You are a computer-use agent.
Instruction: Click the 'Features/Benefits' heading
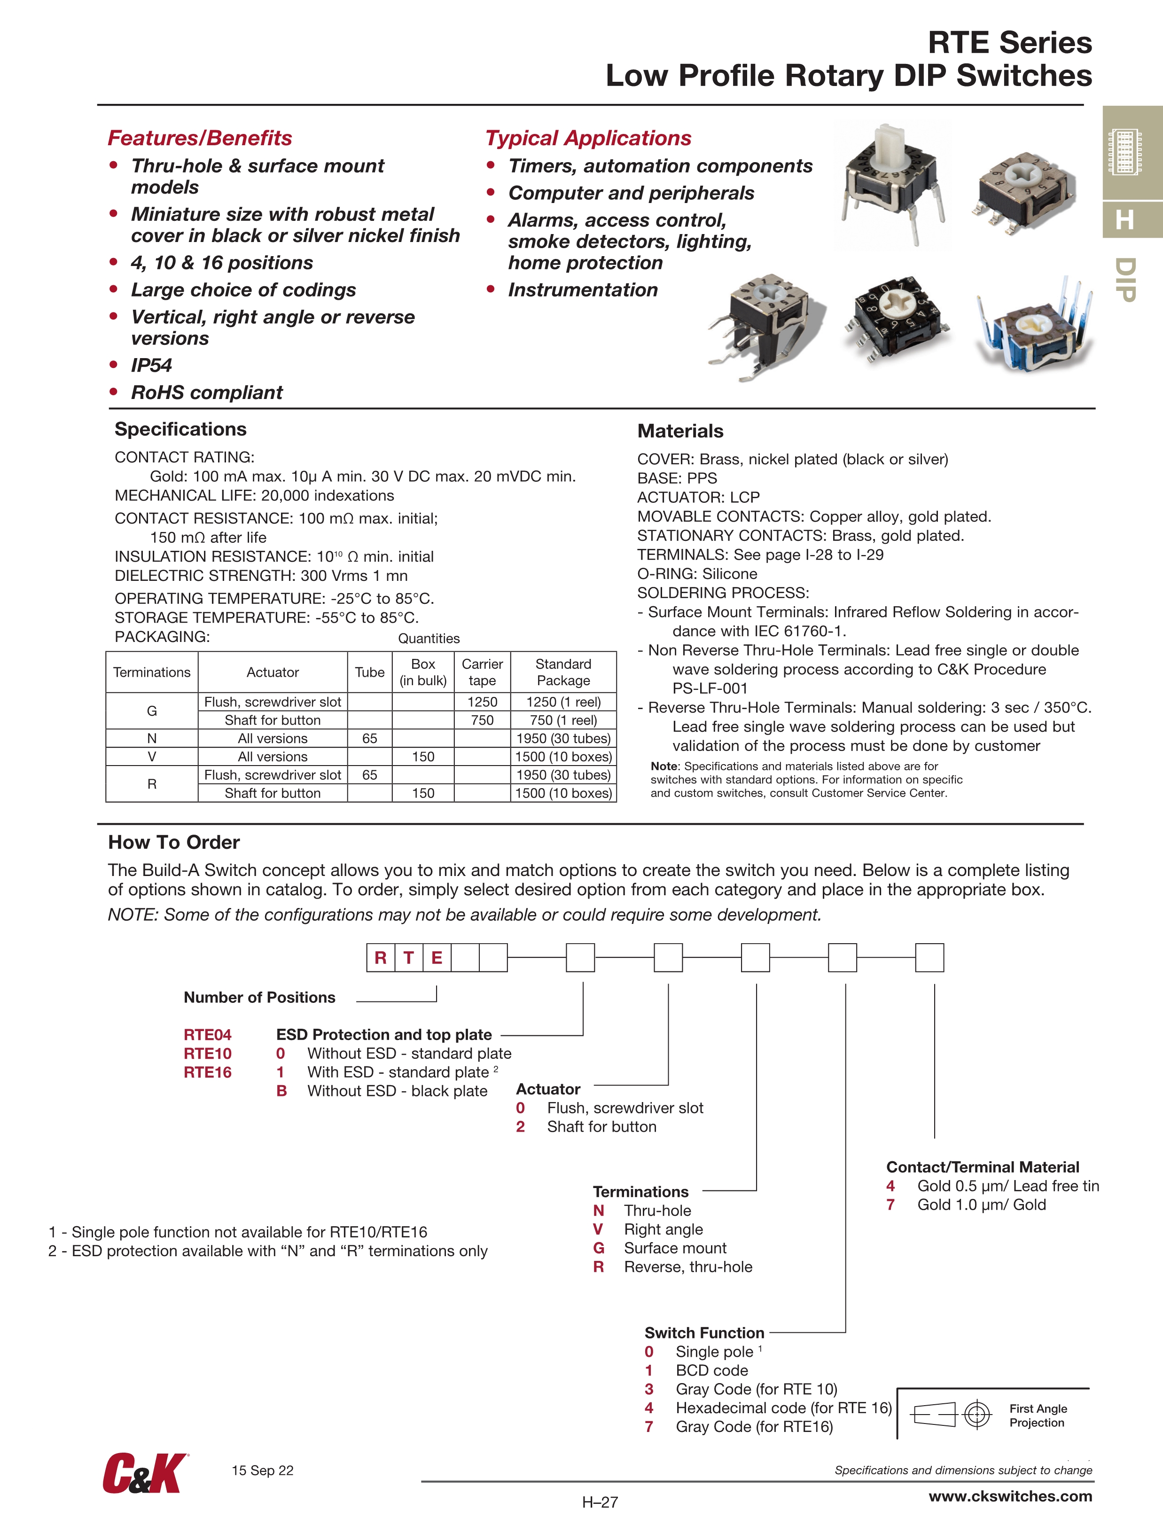[200, 138]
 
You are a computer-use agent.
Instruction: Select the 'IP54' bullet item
[151, 365]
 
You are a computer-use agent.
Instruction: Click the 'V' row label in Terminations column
[152, 756]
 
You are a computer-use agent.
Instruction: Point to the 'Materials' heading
[680, 431]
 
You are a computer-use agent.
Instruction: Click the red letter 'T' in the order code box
[409, 958]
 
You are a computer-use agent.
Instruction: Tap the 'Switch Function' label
[704, 1333]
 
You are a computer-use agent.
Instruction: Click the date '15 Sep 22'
[262, 1470]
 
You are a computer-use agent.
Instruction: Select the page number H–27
[600, 1502]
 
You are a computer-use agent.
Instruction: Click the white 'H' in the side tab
[1125, 220]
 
